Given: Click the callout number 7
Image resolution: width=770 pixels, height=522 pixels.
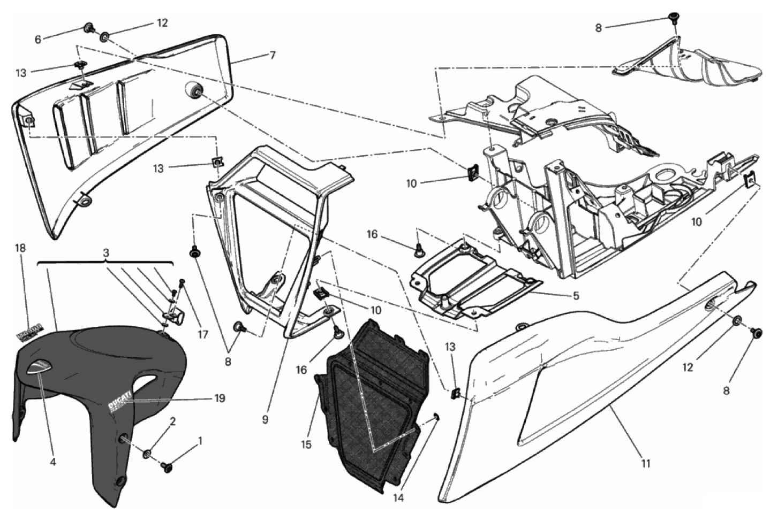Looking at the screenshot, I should (273, 55).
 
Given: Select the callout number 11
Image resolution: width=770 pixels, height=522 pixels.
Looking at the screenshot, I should (645, 463).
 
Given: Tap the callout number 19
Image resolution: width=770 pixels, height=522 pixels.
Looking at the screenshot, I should (219, 398).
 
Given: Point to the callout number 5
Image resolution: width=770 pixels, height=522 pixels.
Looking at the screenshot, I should (576, 295).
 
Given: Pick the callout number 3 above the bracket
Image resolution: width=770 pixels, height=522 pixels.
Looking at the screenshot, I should (105, 251).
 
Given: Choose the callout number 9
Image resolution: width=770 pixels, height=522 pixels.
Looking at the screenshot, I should (265, 420).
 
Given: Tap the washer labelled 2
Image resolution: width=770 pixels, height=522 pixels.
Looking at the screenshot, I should (146, 454).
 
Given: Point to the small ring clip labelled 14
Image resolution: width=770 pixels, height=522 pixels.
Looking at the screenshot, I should (436, 417).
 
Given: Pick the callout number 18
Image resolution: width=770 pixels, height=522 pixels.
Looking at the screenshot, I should (20, 248).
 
